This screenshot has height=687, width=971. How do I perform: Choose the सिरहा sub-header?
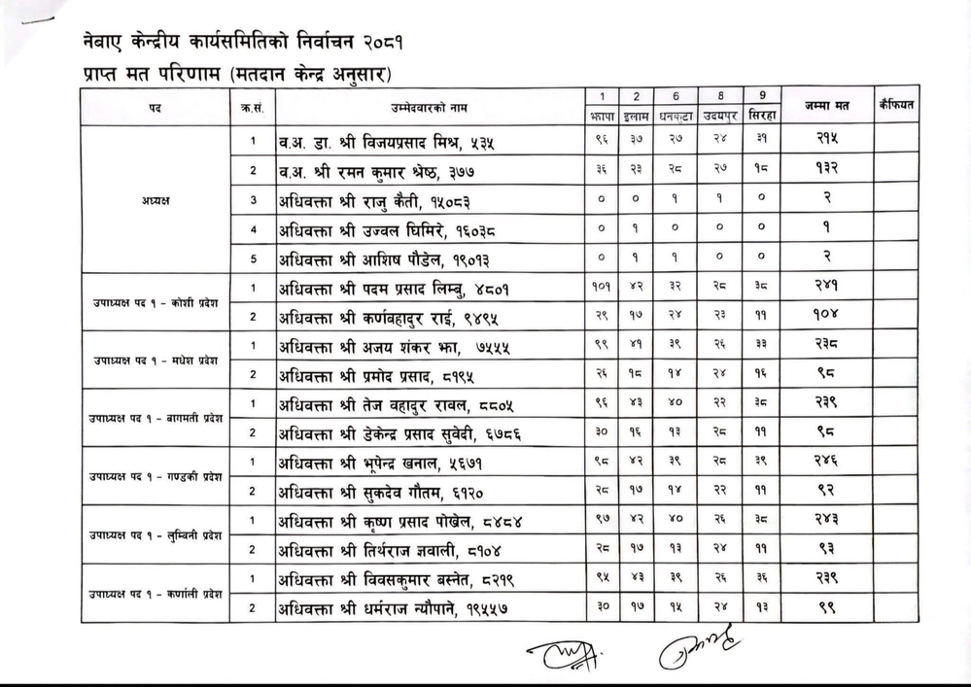(761, 114)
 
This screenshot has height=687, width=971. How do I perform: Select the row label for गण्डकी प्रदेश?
(156, 477)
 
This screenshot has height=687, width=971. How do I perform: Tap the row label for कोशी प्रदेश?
(156, 302)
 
